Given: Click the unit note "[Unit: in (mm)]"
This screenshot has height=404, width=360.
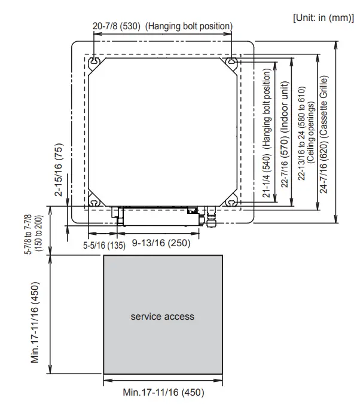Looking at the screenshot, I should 324,17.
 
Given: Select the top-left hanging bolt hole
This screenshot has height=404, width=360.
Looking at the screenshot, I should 94,62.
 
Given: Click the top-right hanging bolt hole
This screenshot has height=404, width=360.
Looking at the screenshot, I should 231,62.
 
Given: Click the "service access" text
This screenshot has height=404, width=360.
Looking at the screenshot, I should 163,316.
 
